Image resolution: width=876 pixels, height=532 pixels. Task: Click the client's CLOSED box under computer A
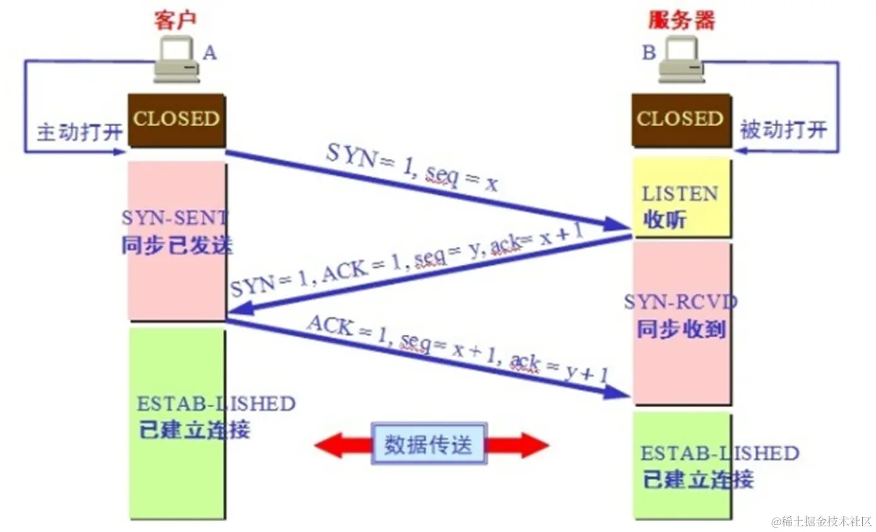[x=177, y=120]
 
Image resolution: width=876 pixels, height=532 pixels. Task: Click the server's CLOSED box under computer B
[x=680, y=120]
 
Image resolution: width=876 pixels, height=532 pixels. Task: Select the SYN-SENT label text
[x=174, y=218]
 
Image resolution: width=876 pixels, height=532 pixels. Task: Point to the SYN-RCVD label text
[x=680, y=303]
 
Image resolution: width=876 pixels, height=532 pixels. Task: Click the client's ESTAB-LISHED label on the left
[x=216, y=403]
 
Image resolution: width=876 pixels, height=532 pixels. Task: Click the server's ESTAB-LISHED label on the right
[x=719, y=453]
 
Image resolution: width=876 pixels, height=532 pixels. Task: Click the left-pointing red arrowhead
[x=329, y=445]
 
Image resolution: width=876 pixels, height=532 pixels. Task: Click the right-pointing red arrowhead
[x=533, y=445]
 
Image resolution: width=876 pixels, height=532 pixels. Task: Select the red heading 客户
[x=175, y=20]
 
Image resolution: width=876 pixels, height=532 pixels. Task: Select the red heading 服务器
[x=682, y=20]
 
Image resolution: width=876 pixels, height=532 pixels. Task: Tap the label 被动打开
[x=783, y=130]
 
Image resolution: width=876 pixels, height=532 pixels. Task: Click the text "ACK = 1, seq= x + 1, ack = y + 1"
[x=457, y=351]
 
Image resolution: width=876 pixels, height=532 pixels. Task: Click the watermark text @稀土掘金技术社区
[x=820, y=521]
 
